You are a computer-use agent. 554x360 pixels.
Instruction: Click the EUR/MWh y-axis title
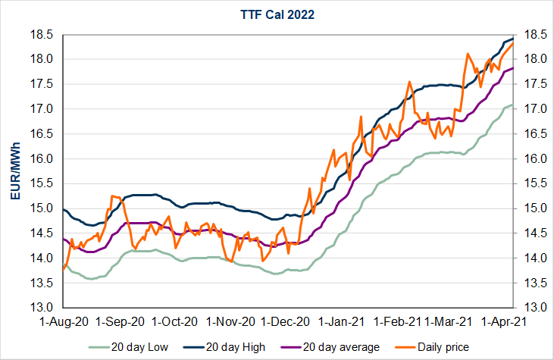pos(16,171)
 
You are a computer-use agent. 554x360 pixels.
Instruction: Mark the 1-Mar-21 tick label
pos(446,321)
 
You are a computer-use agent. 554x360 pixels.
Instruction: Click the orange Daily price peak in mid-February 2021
pos(409,82)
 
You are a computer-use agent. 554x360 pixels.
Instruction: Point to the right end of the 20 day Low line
pos(513,105)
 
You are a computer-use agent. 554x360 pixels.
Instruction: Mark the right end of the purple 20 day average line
pos(513,68)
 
